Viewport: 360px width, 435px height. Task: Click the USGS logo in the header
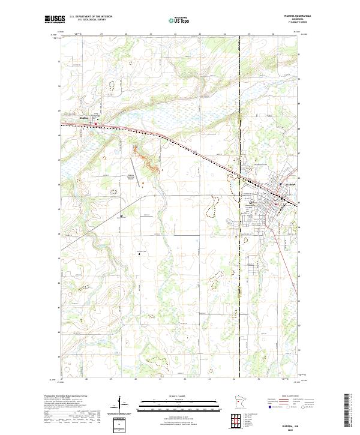click(55, 19)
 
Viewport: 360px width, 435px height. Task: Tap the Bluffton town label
click(84, 119)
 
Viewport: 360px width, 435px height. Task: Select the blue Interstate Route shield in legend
click(270, 406)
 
